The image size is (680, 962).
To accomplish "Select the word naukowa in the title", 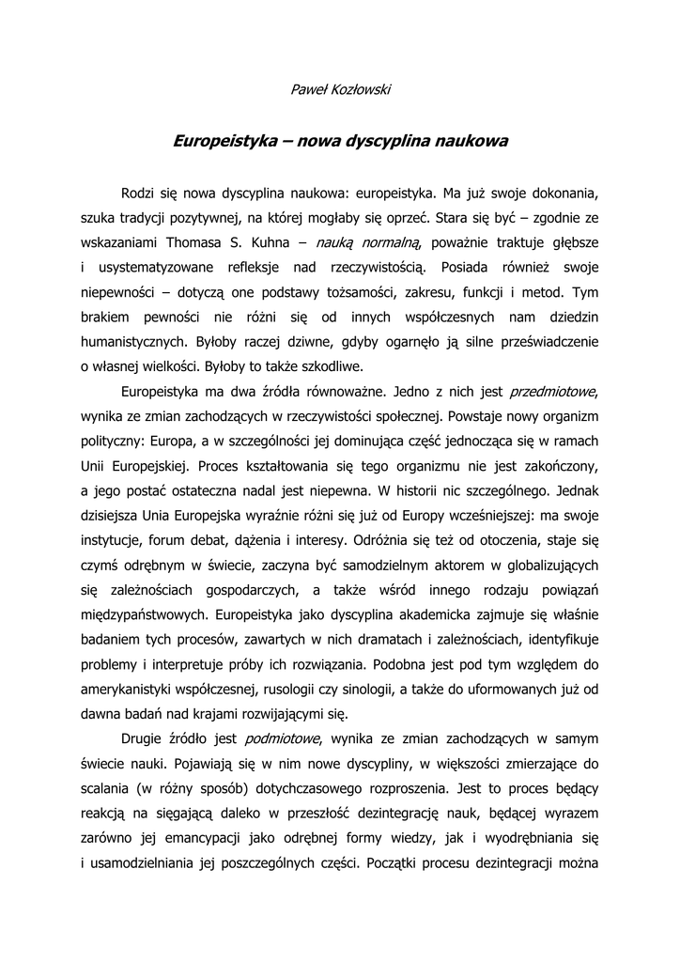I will coord(471,142).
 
